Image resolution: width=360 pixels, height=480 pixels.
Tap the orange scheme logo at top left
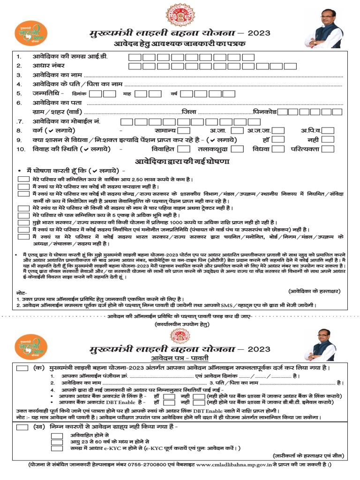pos(32,34)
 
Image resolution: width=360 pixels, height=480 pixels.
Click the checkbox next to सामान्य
pos(184,130)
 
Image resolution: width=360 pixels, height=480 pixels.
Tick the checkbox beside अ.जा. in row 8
pos(237,130)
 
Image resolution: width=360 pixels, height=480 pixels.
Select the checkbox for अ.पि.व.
pos(328,130)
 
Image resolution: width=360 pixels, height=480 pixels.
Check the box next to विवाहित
pos(184,149)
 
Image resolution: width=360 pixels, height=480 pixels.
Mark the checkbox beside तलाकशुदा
pos(237,149)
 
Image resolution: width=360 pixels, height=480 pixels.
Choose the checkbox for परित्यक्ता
pos(328,149)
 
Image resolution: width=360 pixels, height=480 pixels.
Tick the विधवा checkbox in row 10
pos(278,149)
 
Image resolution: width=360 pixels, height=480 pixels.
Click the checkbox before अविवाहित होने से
pos(57,435)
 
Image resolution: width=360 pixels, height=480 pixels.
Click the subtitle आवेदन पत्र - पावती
pos(180,358)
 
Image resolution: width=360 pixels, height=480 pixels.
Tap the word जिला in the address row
pos(189,112)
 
